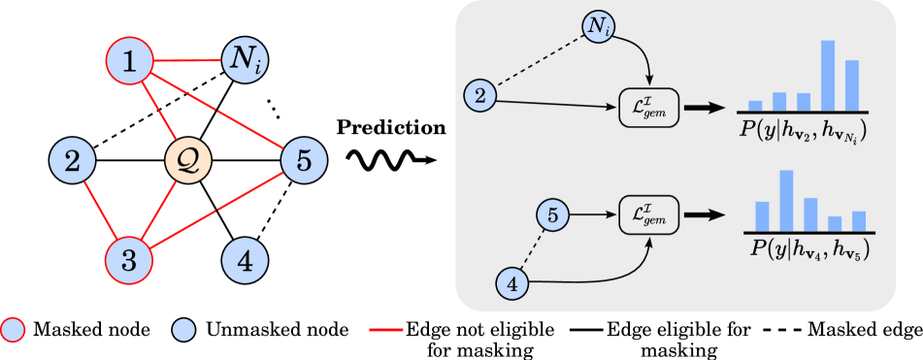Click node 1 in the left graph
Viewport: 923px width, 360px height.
point(129,63)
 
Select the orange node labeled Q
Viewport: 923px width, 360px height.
point(188,156)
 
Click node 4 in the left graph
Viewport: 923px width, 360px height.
point(246,260)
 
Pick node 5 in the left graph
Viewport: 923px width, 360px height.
point(304,160)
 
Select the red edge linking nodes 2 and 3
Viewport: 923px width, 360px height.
point(100,210)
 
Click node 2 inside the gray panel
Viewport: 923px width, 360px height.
point(479,94)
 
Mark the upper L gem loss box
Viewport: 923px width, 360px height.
point(648,106)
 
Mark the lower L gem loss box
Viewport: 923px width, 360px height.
point(648,215)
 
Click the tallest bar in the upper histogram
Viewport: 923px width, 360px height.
point(828,76)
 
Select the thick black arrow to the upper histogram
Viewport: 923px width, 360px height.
point(703,106)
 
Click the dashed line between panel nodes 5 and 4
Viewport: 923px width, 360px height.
point(533,250)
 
